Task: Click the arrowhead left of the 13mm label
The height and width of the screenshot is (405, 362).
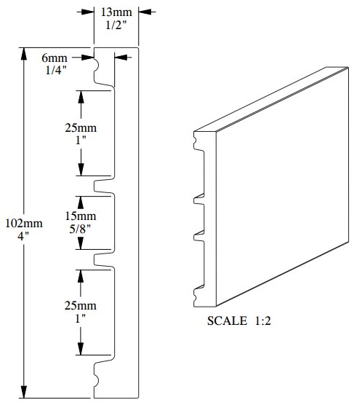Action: pos(88,11)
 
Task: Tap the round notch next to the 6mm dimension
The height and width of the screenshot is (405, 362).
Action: pos(97,70)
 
